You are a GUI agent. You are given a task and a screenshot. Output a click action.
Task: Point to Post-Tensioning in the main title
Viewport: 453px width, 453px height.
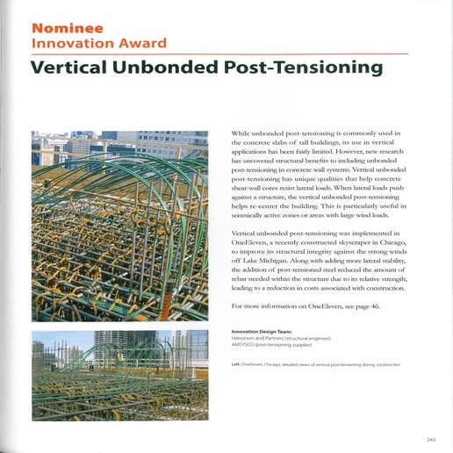(304, 67)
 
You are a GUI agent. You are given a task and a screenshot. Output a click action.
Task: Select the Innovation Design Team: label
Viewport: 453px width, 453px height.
(265, 332)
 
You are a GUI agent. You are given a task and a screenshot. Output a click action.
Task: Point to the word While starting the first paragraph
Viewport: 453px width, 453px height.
(242, 132)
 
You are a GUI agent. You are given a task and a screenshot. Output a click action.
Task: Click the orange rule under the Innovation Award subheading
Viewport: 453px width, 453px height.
(219, 54)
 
